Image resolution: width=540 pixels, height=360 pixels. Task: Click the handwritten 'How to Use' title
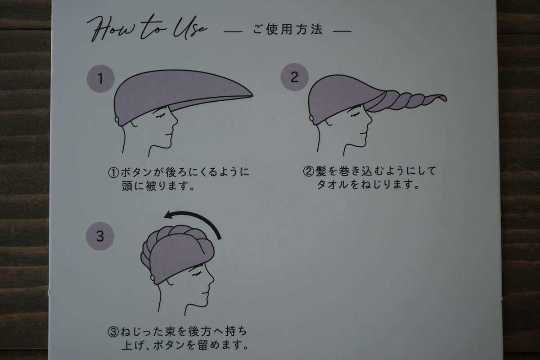147,29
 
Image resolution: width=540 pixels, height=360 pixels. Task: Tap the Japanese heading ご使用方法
288,30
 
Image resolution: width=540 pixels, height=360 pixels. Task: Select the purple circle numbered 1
101,79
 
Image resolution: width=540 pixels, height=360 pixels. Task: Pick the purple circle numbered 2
294,77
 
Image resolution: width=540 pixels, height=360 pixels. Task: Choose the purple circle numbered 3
100,236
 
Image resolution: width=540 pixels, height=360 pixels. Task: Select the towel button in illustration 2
311,118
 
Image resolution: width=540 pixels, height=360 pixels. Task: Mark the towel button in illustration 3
153,278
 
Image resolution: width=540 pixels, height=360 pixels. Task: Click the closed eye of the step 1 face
160,116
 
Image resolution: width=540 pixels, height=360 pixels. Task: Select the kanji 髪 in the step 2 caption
321,171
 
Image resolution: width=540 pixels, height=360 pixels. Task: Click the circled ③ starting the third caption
113,332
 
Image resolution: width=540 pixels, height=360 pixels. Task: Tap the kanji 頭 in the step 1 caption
127,186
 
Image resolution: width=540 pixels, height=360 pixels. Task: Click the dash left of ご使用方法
233,31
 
